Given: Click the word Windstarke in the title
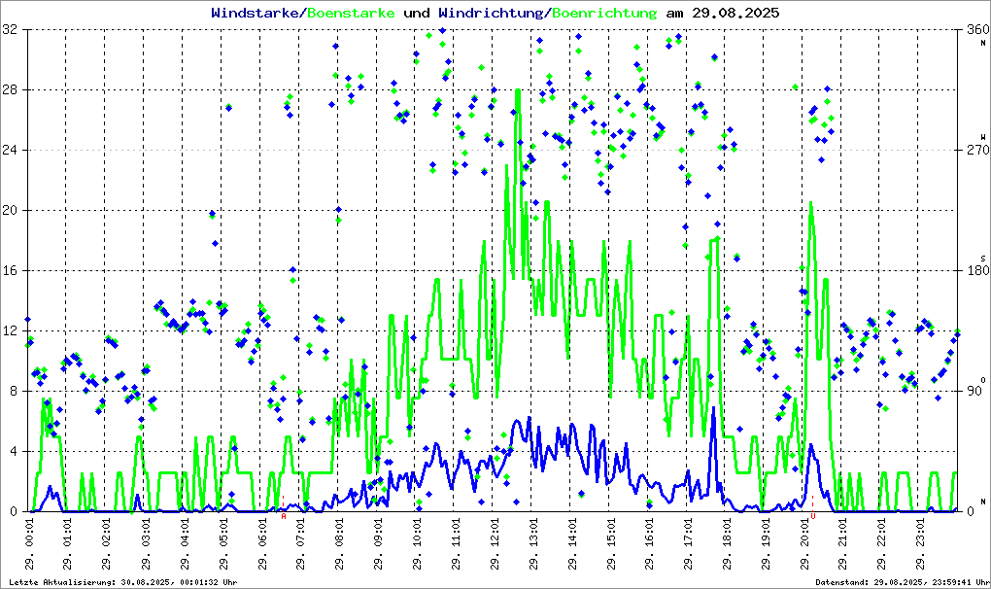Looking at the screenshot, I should click(x=256, y=14).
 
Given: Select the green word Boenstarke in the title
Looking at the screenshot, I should click(x=351, y=14).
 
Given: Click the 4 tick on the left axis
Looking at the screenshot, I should click(x=15, y=452).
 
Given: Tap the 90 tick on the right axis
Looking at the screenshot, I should click(x=974, y=392).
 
